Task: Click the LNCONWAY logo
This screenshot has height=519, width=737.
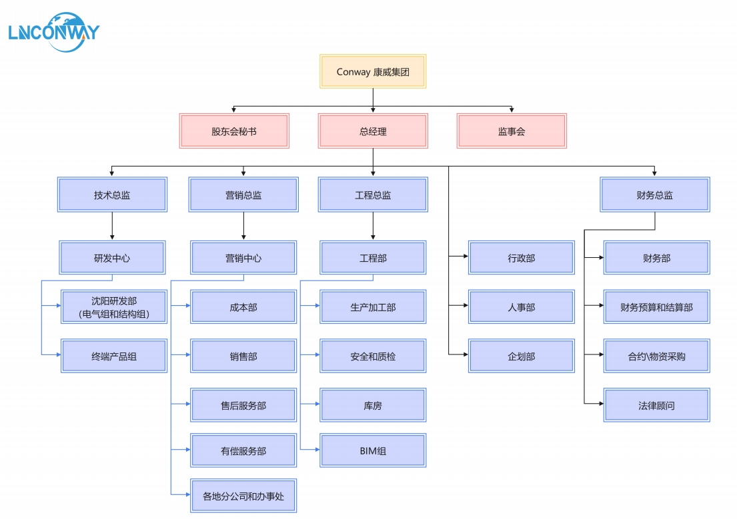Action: point(53,30)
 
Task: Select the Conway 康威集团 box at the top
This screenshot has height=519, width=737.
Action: point(373,72)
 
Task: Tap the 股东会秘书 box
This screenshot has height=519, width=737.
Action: point(234,131)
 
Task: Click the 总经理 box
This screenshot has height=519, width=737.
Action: point(373,131)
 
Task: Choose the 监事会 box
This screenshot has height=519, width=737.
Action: point(512,131)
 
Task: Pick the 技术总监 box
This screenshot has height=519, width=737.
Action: point(112,195)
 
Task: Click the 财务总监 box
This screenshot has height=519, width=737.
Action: point(654,195)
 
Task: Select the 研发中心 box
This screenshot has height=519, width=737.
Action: point(112,258)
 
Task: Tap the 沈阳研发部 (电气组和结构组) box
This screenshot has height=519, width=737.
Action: point(113,307)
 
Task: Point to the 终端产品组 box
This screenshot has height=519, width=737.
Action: point(113,356)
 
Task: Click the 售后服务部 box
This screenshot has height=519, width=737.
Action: point(243,405)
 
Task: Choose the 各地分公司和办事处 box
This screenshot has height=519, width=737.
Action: point(243,496)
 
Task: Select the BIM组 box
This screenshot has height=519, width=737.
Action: point(373,450)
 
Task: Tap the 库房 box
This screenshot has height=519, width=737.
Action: point(373,405)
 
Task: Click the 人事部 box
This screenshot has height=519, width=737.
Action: point(521,307)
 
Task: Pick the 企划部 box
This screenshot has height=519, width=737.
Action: point(521,356)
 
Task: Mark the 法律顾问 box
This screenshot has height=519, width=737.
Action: point(656,405)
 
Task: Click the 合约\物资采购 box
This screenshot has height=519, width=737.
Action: point(656,356)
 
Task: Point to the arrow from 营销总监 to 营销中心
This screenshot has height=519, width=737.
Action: point(243,227)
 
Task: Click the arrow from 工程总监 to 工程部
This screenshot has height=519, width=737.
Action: point(373,227)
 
